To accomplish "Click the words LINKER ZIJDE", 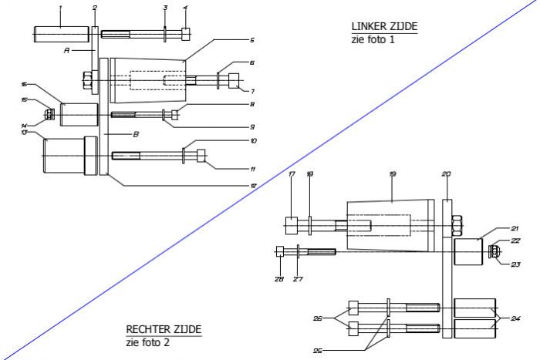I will tap(384, 26).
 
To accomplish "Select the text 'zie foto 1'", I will tap(373, 39).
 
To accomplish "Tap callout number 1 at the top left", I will tap(61, 7).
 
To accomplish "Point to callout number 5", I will tap(252, 39).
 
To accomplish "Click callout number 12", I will tap(252, 185).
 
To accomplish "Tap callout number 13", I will tap(25, 133).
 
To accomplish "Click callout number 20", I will tap(446, 174).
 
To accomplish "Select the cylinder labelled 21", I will tap(468, 251).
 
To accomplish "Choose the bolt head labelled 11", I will tap(201, 155).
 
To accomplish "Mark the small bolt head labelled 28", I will tap(280, 251).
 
